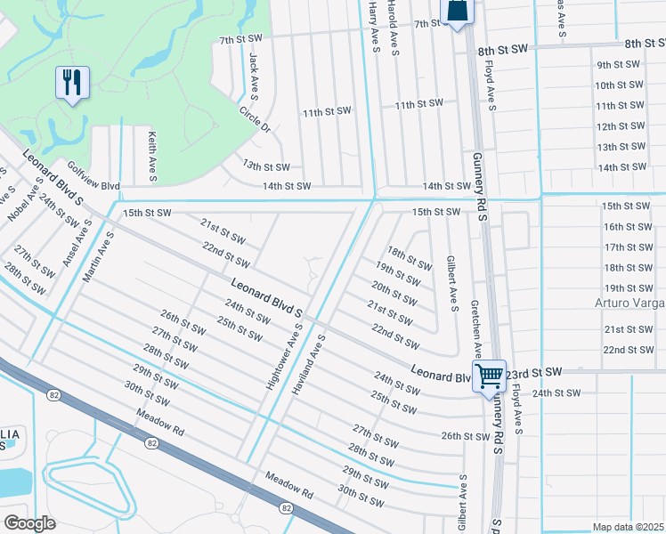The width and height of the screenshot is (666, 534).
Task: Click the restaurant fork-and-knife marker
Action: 71,83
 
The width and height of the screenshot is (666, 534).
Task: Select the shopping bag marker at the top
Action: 457,11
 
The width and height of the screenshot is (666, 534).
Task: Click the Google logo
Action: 29,522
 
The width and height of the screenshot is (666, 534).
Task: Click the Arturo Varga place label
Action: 629,303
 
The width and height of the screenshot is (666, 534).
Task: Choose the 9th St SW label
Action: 619,65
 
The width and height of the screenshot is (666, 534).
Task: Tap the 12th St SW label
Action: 619,126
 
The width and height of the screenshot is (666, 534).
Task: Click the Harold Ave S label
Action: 393,28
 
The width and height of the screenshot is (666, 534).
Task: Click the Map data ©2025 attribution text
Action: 628,527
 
